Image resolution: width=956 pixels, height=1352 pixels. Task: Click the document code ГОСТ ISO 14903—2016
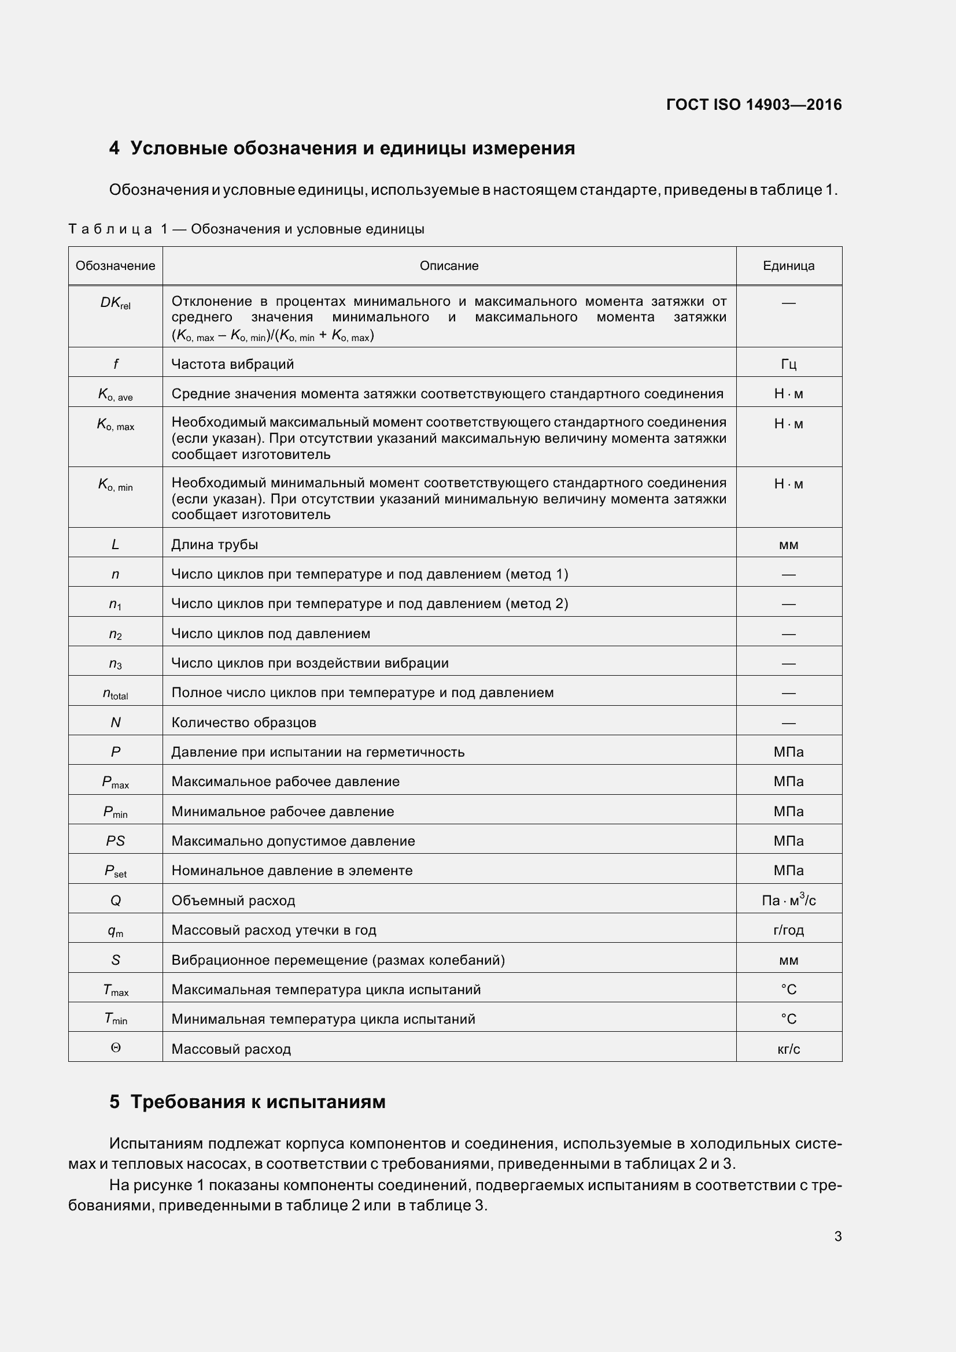(754, 105)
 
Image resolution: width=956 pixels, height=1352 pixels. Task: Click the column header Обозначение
(115, 265)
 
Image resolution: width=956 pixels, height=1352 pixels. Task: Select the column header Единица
(788, 265)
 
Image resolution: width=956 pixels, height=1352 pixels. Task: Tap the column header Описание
(449, 265)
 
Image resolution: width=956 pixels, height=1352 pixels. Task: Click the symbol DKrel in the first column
(115, 303)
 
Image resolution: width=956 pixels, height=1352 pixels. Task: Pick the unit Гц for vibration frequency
(788, 365)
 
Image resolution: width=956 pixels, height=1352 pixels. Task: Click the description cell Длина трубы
(215, 544)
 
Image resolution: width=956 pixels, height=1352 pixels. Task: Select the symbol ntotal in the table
(115, 694)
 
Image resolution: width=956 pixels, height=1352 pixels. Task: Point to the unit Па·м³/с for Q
(788, 900)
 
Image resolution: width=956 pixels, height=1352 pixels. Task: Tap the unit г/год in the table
(788, 930)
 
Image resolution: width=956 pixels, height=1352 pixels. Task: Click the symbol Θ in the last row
(116, 1048)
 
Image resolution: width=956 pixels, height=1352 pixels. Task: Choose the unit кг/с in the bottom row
(788, 1049)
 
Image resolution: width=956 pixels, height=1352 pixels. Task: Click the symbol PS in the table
(115, 841)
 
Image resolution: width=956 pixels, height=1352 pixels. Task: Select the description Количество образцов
(243, 723)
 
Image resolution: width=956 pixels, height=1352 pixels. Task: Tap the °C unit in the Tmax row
(788, 989)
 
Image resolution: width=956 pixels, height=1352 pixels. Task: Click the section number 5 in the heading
(115, 1102)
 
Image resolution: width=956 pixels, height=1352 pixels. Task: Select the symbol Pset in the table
(115, 871)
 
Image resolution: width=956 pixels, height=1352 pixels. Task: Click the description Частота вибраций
(232, 364)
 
